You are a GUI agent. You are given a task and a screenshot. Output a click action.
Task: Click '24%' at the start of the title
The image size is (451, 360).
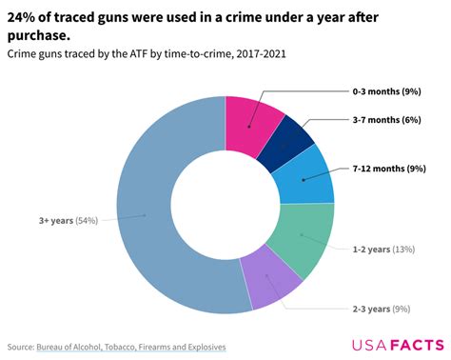24,16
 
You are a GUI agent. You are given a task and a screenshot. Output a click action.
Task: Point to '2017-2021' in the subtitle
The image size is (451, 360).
254,55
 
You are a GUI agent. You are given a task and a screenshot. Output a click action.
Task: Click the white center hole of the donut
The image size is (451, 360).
225,204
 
